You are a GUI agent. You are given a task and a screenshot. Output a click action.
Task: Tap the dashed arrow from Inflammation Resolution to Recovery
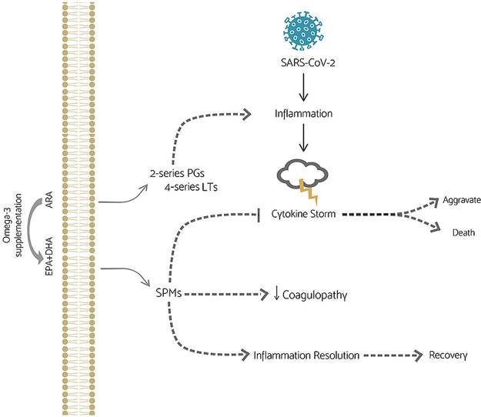click(388, 355)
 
